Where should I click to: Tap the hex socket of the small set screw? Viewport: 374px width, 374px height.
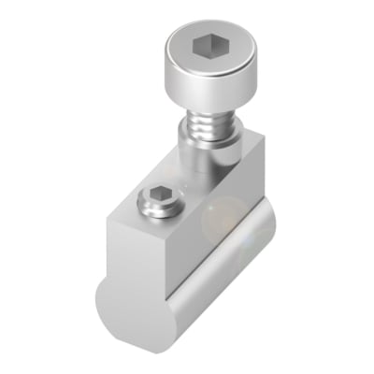click(x=156, y=197)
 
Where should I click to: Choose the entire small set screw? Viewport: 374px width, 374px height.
click(x=157, y=201)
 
